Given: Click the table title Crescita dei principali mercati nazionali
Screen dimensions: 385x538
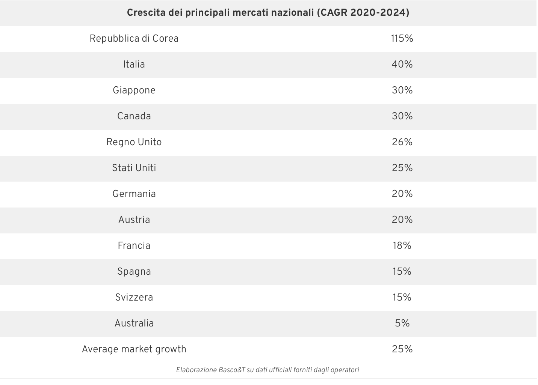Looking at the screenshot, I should pyautogui.click(x=268, y=13).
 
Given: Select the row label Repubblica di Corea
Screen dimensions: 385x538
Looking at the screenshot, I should pyautogui.click(x=134, y=39).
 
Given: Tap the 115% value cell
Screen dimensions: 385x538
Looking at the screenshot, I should pyautogui.click(x=402, y=39).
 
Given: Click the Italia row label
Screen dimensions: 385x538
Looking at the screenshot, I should pyautogui.click(x=134, y=65).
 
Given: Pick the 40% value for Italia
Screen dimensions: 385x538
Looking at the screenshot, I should pyautogui.click(x=402, y=65).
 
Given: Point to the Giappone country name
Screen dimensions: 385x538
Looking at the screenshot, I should pyautogui.click(x=134, y=90).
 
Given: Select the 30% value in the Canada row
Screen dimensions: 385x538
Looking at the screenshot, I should pyautogui.click(x=402, y=116).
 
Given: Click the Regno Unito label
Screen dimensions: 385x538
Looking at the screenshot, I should pyautogui.click(x=134, y=142).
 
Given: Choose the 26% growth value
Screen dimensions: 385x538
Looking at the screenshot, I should pyautogui.click(x=402, y=142).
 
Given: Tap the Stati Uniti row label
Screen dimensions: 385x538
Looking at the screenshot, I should pyautogui.click(x=134, y=168).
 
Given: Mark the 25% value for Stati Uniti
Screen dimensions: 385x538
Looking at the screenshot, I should pyautogui.click(x=402, y=168).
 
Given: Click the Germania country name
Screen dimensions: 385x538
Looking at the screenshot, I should pyautogui.click(x=134, y=194).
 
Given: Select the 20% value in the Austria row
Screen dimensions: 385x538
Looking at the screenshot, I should pyautogui.click(x=402, y=220).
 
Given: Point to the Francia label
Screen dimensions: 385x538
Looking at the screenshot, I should pyautogui.click(x=134, y=246).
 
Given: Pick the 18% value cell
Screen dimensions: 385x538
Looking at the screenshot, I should pyautogui.click(x=402, y=246).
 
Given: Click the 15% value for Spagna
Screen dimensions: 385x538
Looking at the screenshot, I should pyautogui.click(x=402, y=272).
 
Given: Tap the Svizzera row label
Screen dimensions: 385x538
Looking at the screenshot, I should pyautogui.click(x=134, y=298).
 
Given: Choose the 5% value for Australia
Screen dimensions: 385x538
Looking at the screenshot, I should pyautogui.click(x=402, y=323).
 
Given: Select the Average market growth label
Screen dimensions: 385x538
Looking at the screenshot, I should pyautogui.click(x=134, y=349).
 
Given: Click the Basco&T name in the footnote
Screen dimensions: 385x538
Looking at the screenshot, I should pyautogui.click(x=232, y=370).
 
